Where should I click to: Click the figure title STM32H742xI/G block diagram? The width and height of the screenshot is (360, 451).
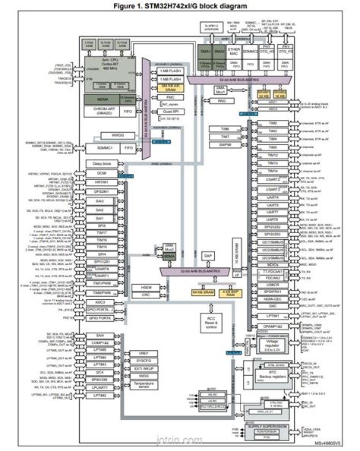click(x=179, y=6)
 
